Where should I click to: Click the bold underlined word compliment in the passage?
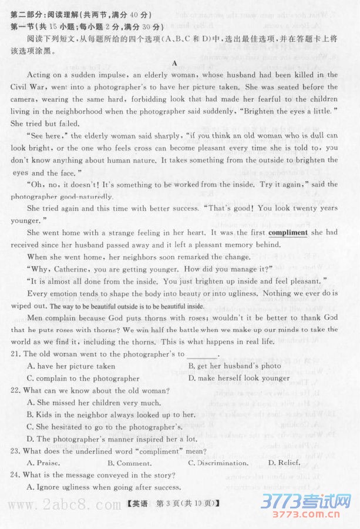[x=288, y=232]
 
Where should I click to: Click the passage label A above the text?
[x=174, y=63]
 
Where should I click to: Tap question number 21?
[x=16, y=354]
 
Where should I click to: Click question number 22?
[x=16, y=391]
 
